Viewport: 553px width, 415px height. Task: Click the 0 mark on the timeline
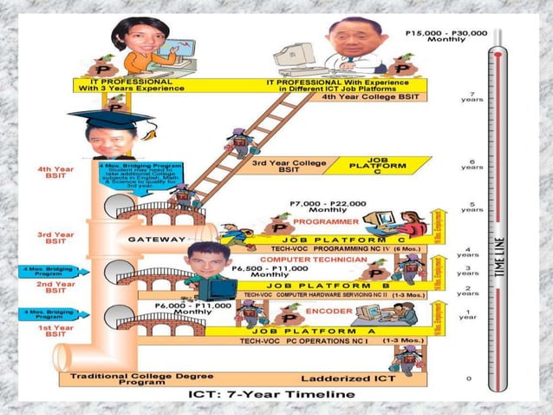[468, 379]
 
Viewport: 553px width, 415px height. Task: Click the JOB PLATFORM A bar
[306, 331]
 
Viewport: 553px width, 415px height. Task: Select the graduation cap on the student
[113, 115]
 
